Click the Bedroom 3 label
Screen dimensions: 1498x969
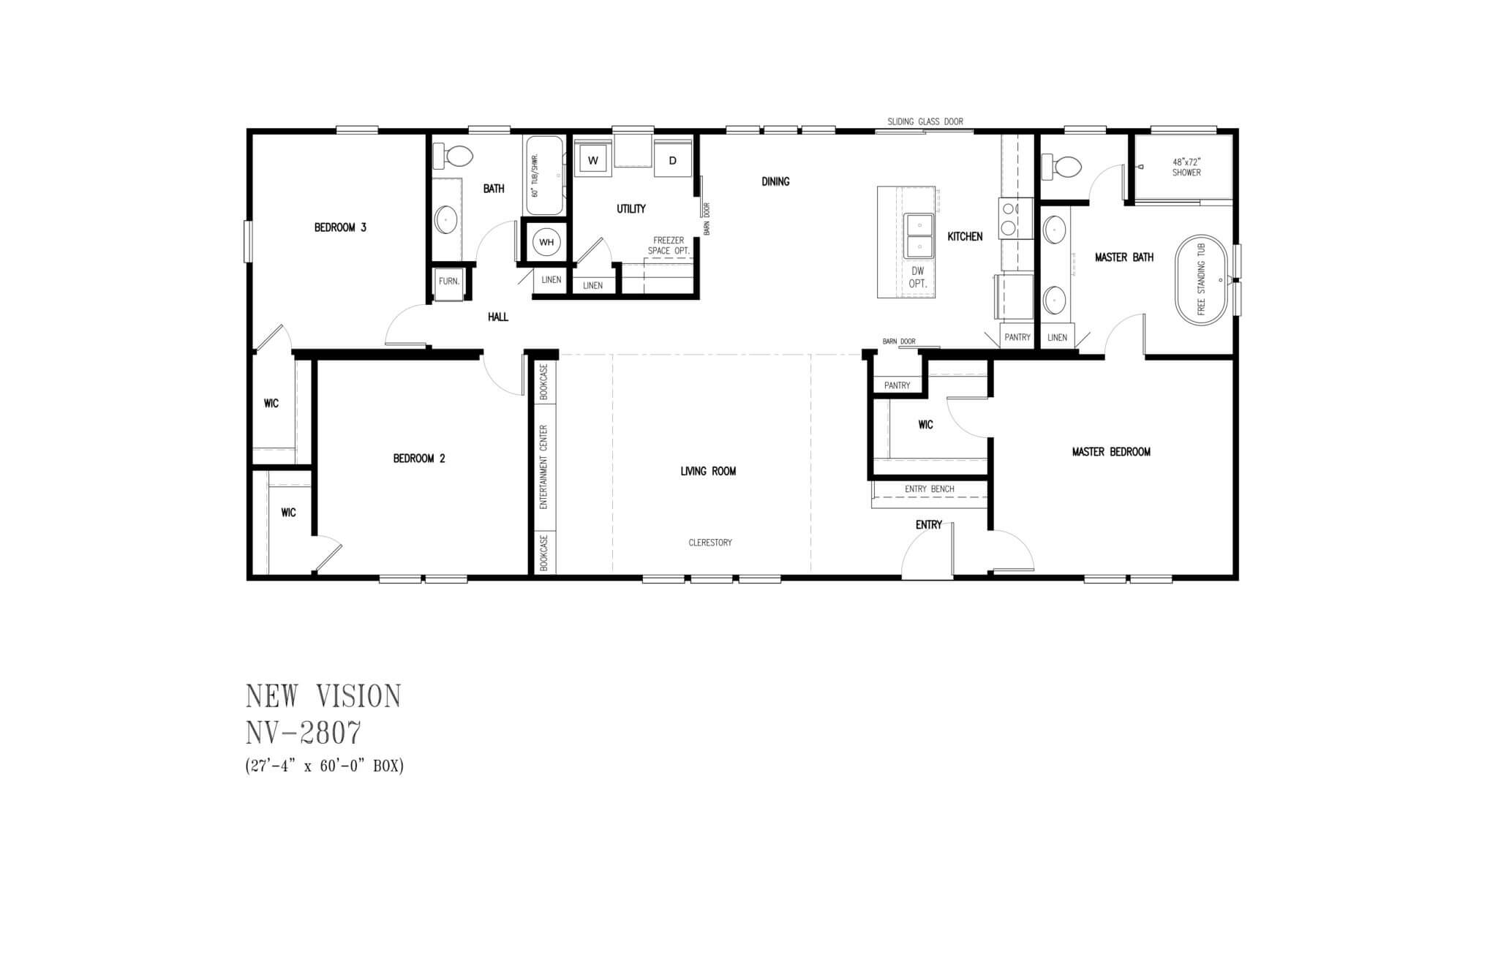(340, 227)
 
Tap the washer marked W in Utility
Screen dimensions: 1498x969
(593, 159)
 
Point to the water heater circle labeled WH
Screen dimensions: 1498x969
(546, 242)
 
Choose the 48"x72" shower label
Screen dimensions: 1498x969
(1187, 167)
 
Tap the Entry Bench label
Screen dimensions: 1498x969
(929, 489)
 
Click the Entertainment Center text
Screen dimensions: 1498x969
(543, 467)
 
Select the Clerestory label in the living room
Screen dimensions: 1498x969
(710, 543)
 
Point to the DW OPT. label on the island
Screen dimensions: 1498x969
(918, 277)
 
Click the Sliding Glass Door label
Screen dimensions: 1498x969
(925, 121)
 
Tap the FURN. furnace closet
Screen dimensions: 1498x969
(449, 281)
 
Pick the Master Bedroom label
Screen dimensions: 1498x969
(1111, 452)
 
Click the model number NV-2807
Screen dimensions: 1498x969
(304, 732)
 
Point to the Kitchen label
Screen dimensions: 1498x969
(965, 237)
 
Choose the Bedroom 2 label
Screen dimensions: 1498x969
(419, 459)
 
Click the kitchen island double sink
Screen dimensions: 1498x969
(918, 236)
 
